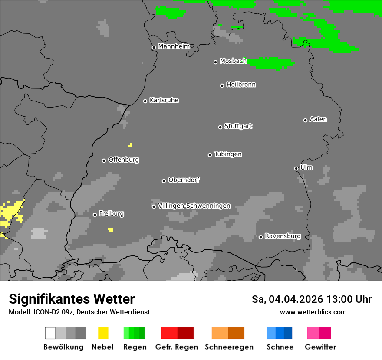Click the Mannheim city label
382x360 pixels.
pyautogui.click(x=174, y=46)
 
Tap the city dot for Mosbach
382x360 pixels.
pyautogui.click(x=215, y=62)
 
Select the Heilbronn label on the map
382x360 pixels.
pyautogui.click(x=241, y=85)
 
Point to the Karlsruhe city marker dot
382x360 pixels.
pyautogui.click(x=145, y=101)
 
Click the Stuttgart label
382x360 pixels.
pyautogui.click(x=238, y=126)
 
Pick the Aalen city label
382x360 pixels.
pyautogui.click(x=318, y=119)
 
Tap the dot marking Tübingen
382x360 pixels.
pyautogui.click(x=210, y=155)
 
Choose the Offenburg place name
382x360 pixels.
pyautogui.click(x=124, y=160)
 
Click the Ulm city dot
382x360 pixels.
pyautogui.click(x=296, y=168)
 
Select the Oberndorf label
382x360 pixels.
pyautogui.click(x=184, y=180)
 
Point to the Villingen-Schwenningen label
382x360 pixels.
pyautogui.click(x=194, y=206)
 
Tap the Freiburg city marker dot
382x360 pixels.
pyautogui.click(x=95, y=215)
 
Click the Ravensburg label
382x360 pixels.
pyautogui.click(x=283, y=236)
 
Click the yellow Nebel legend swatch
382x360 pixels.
pyautogui.click(x=103, y=333)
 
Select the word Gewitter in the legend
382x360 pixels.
pyautogui.click(x=320, y=347)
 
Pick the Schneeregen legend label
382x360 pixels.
pyautogui.click(x=229, y=347)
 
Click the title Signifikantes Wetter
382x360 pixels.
pyautogui.click(x=72, y=299)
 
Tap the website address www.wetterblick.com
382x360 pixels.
pyautogui.click(x=313, y=312)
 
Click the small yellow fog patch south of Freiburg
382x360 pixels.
pyautogui.click(x=111, y=230)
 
